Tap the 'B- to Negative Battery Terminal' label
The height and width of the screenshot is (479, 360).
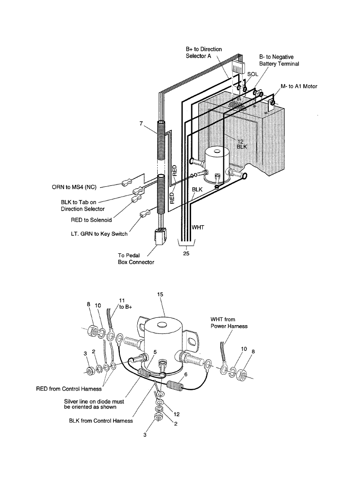click(x=279, y=60)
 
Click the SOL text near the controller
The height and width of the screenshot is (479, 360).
click(x=252, y=74)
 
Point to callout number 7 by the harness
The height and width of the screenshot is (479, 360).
click(x=140, y=124)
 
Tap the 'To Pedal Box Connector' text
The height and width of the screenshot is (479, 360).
click(x=136, y=259)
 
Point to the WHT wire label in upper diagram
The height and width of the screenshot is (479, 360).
click(x=198, y=227)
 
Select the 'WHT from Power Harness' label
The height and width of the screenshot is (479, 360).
click(x=229, y=323)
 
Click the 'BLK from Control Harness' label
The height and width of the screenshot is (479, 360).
click(x=101, y=421)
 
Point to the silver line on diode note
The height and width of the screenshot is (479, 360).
click(x=94, y=404)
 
